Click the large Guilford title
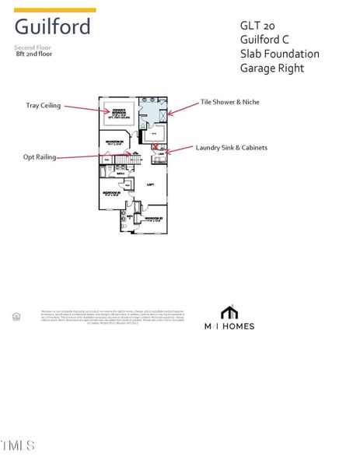[x=52, y=27]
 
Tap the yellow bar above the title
[x=55, y=10]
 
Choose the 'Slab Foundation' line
[x=279, y=54]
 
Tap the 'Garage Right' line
[x=271, y=68]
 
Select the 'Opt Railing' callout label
[x=40, y=156]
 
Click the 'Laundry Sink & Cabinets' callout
[x=231, y=147]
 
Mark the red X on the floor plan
[x=156, y=146]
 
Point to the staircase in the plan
[x=136, y=159]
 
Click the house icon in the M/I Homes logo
[x=229, y=312]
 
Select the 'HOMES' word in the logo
[x=239, y=326]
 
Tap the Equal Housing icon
[x=16, y=315]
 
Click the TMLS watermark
[x=18, y=445]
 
